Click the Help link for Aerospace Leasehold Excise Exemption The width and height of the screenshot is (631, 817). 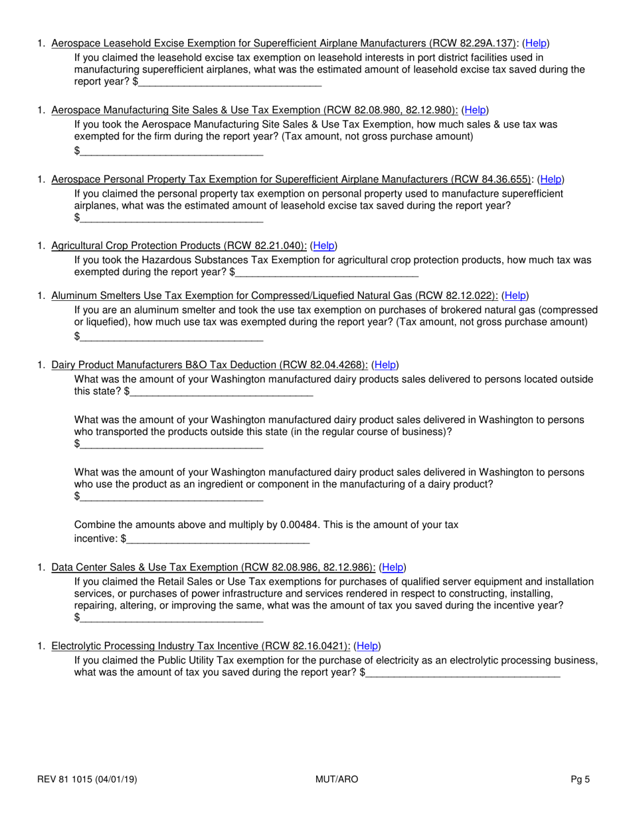click(536, 43)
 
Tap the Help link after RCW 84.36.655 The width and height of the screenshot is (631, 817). click(551, 179)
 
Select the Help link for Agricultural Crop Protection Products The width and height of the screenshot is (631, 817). click(323, 245)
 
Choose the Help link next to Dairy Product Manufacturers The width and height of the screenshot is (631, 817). click(385, 365)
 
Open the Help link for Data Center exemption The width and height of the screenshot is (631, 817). click(392, 567)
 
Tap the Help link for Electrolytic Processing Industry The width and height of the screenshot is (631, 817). click(367, 646)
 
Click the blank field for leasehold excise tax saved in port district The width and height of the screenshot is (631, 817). click(230, 82)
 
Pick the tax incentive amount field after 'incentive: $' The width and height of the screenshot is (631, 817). click(218, 539)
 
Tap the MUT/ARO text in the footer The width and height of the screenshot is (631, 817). click(336, 780)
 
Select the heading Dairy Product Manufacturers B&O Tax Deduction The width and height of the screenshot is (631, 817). click(209, 365)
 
